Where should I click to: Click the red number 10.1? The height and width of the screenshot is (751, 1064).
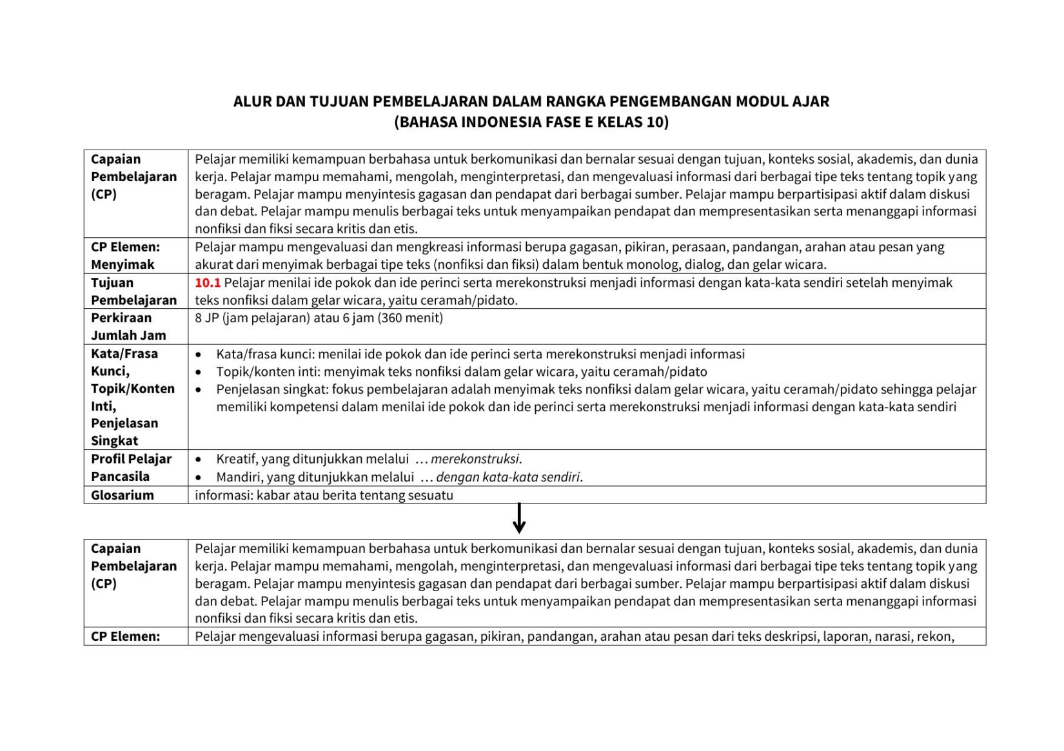coord(208,283)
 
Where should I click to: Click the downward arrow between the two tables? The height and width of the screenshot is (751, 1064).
coord(519,519)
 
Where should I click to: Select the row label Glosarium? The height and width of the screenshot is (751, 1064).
coord(123,495)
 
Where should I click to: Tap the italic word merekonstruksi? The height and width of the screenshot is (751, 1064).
coord(475,459)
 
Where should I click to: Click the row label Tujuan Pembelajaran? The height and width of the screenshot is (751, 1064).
coord(133,291)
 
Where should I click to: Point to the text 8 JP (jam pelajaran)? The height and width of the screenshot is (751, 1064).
coord(253,318)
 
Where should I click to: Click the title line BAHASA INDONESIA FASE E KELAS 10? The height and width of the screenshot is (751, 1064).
coord(531,122)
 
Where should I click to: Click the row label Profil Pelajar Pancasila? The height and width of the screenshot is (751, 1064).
coord(131,467)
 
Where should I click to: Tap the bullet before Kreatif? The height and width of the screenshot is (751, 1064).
coord(199,460)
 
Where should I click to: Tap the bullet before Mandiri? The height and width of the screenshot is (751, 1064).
coord(199,478)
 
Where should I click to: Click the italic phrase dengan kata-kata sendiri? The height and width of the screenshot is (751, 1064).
coord(509,477)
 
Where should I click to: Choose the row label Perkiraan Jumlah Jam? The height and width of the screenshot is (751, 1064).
coord(128,326)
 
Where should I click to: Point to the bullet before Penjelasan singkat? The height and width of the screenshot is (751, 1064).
coord(199,390)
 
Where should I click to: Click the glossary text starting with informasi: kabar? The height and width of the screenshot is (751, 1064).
coord(324,495)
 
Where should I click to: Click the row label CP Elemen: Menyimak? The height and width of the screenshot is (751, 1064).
coord(125,255)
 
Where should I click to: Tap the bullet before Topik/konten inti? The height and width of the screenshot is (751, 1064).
coord(199,372)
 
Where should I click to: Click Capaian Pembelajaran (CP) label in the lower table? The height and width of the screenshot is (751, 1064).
coord(133,566)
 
